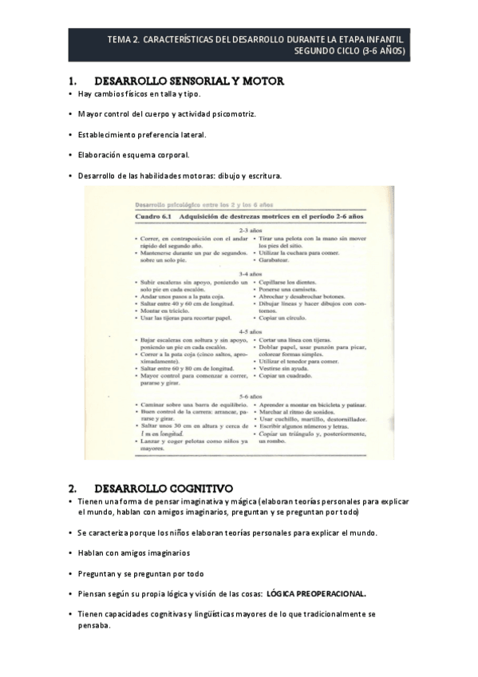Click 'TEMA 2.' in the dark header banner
(124, 38)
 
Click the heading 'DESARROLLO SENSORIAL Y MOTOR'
(189, 81)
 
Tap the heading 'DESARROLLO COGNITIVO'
(163, 487)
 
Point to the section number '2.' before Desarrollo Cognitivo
(73, 487)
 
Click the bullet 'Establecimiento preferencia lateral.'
(141, 134)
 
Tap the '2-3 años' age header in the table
(249, 230)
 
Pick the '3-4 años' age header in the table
(249, 273)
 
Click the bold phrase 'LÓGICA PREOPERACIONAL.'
(316, 594)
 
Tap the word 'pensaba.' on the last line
(94, 626)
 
